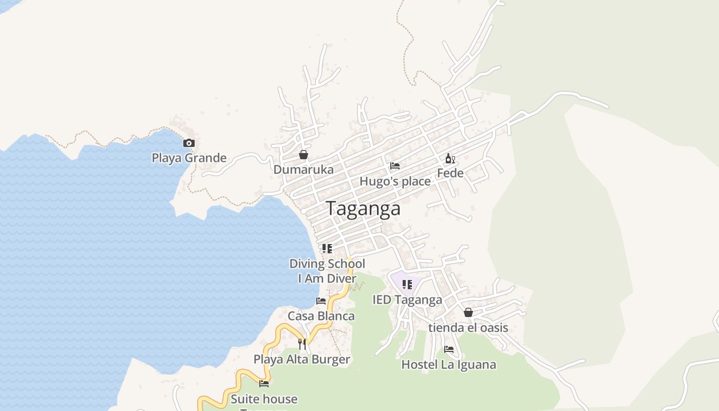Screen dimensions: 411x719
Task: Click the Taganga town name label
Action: click(x=363, y=209)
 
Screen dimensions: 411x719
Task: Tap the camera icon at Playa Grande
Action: click(x=189, y=143)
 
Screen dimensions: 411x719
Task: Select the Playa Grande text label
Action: click(x=189, y=158)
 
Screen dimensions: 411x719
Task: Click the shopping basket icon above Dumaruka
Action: click(x=304, y=155)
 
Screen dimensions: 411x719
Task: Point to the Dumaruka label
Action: click(x=304, y=170)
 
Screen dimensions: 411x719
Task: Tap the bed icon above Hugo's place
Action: click(x=395, y=166)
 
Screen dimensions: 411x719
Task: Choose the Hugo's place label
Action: click(x=395, y=181)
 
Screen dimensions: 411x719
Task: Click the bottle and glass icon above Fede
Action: click(x=450, y=158)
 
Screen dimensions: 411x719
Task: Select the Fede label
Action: click(x=450, y=173)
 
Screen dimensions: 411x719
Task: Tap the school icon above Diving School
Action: click(x=327, y=249)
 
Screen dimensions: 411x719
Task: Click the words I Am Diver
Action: click(x=327, y=278)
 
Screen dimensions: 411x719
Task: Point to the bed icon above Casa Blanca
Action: click(x=321, y=301)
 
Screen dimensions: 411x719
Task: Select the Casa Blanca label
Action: click(x=321, y=316)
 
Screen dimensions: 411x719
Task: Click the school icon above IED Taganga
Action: click(x=407, y=285)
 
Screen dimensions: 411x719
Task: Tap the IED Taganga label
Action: click(x=407, y=300)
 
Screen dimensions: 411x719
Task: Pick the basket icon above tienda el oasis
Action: click(x=468, y=312)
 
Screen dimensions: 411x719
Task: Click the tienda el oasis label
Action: click(x=468, y=328)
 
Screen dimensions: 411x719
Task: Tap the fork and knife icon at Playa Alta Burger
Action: click(x=302, y=344)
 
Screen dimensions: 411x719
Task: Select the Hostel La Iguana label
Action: click(x=449, y=365)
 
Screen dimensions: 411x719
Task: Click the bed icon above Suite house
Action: click(x=264, y=383)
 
